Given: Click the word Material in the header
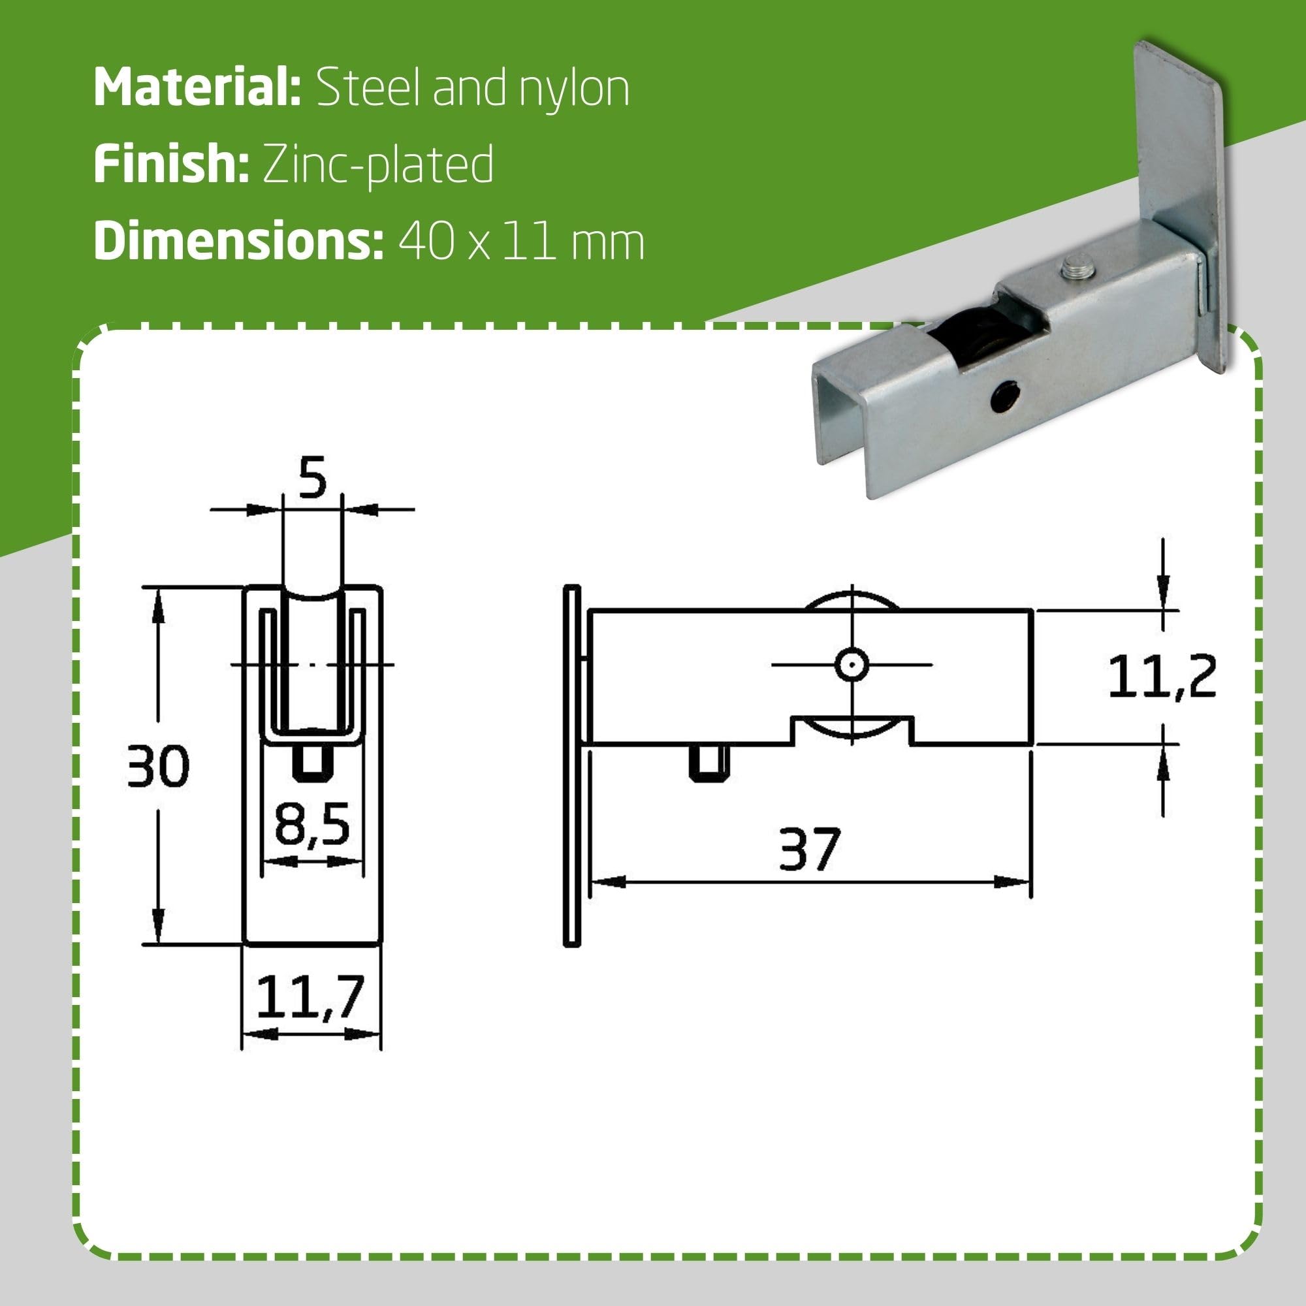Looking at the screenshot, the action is click(x=196, y=88).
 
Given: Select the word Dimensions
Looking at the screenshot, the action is click(x=238, y=241).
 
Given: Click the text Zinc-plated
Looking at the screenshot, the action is click(x=378, y=165).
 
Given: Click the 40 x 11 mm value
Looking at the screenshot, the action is click(x=521, y=242).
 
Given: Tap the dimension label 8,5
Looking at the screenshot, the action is click(x=312, y=826).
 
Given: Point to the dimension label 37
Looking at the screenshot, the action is click(x=809, y=850).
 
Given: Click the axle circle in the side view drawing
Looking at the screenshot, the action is click(x=852, y=665).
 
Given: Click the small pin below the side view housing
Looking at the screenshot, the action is click(x=709, y=763).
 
